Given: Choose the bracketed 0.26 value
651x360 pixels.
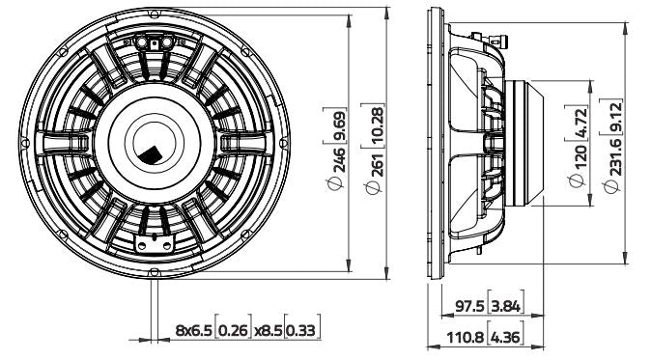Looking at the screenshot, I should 233,331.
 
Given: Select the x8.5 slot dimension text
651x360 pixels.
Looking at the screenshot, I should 269,331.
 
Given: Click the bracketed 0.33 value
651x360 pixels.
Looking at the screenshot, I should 304,331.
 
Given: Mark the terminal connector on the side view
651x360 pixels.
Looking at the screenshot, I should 495,40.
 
